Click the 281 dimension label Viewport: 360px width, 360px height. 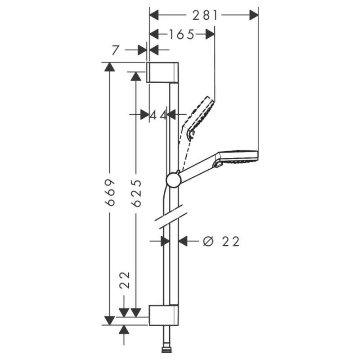coord(205,16)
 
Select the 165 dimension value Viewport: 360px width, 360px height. coord(182,35)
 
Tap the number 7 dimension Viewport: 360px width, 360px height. coord(116,50)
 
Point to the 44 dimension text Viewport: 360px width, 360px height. coord(158,115)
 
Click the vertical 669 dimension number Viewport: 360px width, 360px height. coord(110,193)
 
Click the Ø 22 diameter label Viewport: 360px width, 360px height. coord(221,242)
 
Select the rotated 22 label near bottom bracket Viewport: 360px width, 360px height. coord(125,280)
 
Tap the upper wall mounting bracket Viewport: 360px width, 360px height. coord(162,72)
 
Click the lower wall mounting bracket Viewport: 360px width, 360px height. coord(163,315)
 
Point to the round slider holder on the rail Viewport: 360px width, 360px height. coord(174,180)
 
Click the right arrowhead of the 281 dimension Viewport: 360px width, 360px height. coord(254,15)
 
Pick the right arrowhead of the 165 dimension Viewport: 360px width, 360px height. coord(210,35)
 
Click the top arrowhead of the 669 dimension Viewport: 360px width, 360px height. coord(109,67)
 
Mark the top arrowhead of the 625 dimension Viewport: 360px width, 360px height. coord(136,76)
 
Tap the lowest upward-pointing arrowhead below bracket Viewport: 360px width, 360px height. coord(124,330)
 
